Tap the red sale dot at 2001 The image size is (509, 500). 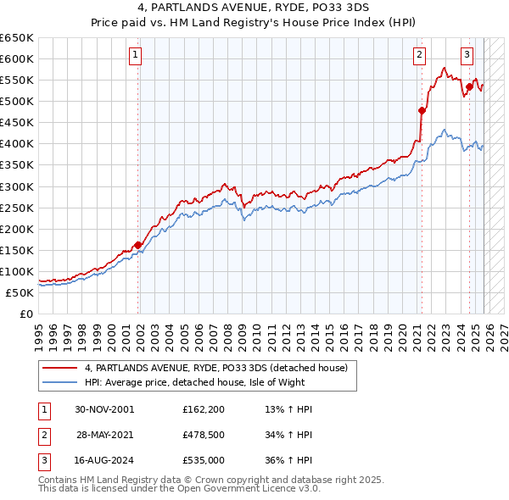click(137, 245)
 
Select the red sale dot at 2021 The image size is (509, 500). click(422, 110)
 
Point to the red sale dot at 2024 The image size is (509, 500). click(469, 86)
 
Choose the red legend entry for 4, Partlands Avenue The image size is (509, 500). click(215, 368)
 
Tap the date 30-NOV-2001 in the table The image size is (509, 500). click(104, 409)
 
